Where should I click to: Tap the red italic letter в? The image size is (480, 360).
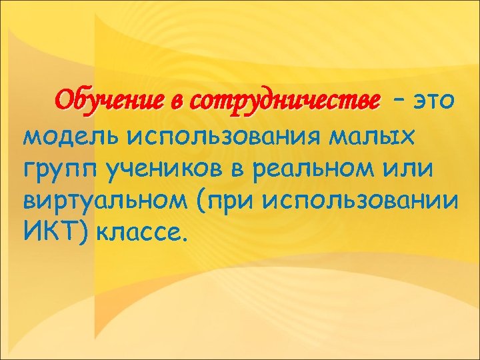point(176,103)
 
